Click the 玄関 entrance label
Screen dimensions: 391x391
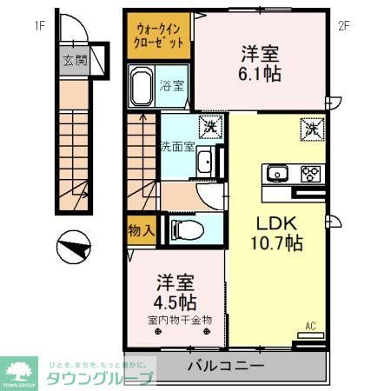(x=74, y=61)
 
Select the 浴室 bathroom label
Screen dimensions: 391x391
(x=172, y=85)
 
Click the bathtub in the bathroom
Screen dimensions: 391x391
(x=142, y=88)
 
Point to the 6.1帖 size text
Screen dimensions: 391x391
(x=261, y=74)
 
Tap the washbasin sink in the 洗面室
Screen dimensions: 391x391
(x=204, y=162)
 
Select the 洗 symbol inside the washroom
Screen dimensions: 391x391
(x=209, y=127)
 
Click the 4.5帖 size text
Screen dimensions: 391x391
(x=176, y=302)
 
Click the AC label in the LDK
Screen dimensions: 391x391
(x=308, y=328)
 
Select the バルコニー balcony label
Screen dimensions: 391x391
(x=226, y=366)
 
